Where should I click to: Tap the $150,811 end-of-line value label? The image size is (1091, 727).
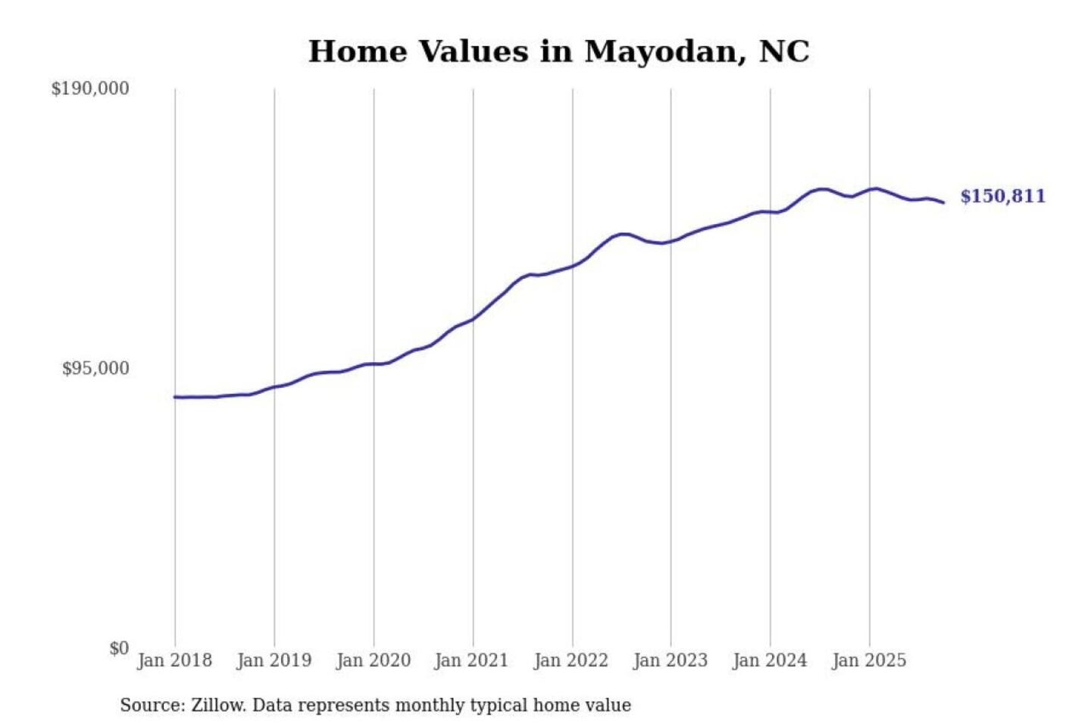pos(1002,196)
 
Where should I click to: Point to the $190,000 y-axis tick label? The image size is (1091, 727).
pos(90,89)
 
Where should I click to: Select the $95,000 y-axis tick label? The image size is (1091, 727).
pos(95,369)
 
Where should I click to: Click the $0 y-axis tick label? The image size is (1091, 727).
pos(119,648)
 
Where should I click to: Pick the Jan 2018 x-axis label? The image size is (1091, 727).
pos(174,660)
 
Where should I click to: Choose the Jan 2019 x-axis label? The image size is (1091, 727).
pos(274,660)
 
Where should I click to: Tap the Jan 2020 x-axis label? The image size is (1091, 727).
pos(373,660)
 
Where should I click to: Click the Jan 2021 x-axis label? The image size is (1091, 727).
pos(471,660)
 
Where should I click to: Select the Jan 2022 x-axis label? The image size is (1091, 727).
pos(571,660)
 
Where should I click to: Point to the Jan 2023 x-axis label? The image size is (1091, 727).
pos(670,660)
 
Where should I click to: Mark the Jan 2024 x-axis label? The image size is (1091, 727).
pos(769,660)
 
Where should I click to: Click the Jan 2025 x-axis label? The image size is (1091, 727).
pos(868,660)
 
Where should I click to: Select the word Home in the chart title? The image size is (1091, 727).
pos(355,52)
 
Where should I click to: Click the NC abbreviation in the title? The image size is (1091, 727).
pos(784,52)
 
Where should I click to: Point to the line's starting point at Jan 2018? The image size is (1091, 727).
pos(175,397)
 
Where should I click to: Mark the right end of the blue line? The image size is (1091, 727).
pos(943,202)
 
